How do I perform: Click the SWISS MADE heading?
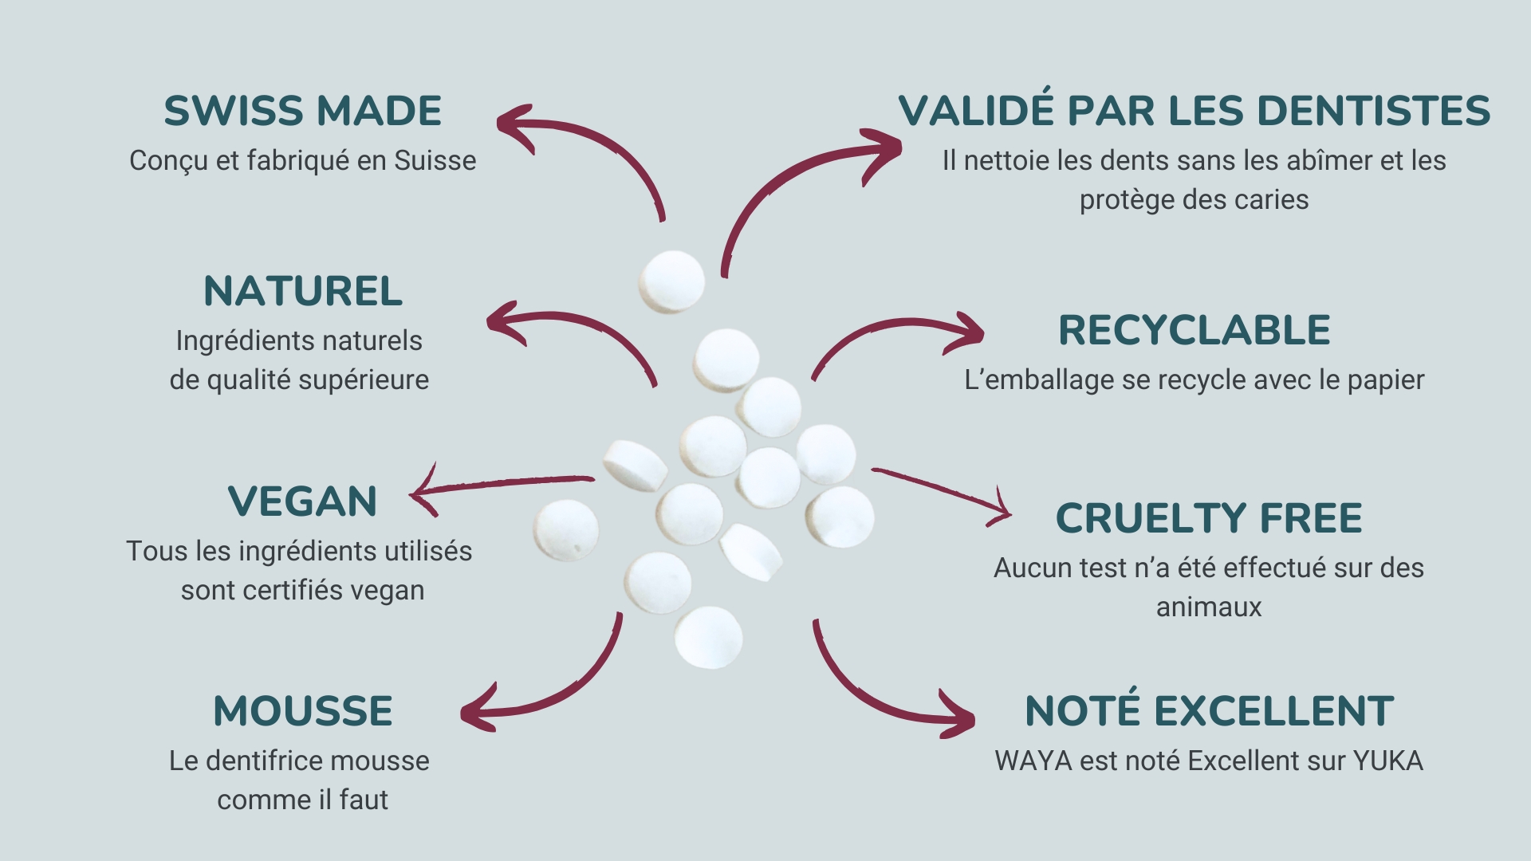(303, 111)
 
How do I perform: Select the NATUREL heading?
(303, 291)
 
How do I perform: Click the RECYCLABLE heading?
(1194, 330)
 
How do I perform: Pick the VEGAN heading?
(303, 501)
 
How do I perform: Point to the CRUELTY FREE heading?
(1209, 518)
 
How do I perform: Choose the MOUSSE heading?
(303, 711)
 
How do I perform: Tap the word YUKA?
(1388, 761)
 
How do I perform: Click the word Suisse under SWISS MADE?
(435, 160)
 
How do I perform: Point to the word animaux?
(1209, 607)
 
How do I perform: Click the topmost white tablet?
(671, 281)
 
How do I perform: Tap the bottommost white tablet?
(709, 637)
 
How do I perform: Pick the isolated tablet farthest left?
(566, 530)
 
